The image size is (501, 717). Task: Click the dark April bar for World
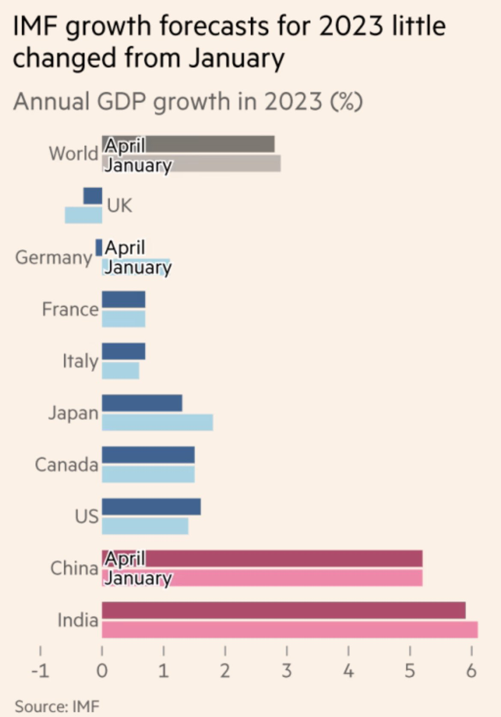tap(210, 144)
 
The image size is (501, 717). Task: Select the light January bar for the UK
tap(83, 215)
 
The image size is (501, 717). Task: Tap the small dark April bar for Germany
tap(99, 247)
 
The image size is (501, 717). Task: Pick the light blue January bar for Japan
tap(157, 422)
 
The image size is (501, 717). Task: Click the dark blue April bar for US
tap(151, 507)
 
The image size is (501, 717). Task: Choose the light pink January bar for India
tap(289, 630)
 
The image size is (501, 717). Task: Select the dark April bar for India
tap(283, 610)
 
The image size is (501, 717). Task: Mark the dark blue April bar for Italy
tap(123, 351)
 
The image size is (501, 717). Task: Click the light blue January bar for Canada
tap(148, 474)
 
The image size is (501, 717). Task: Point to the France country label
tap(70, 309)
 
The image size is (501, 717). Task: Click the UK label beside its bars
tap(119, 206)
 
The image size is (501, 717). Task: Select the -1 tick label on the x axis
tap(40, 671)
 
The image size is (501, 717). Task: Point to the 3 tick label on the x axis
tap(286, 671)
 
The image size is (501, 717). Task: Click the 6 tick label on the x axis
tap(471, 671)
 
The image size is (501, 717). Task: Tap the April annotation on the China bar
tap(125, 558)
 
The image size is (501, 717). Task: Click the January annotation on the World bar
tap(138, 165)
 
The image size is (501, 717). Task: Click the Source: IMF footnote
tap(57, 706)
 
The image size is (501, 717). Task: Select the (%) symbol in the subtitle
tap(346, 102)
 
